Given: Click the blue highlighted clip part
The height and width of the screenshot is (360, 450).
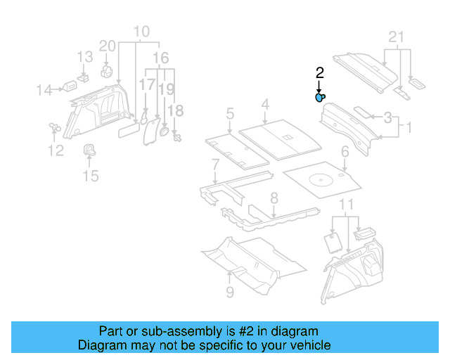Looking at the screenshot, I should coord(320,98).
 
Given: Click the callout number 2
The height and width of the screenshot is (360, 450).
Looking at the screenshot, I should coord(319,73).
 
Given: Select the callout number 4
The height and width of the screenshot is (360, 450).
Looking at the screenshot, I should coord(265,105).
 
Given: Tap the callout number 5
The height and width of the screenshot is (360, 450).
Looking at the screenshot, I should coord(230,113).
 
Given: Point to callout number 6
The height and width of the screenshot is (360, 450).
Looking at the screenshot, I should coord(345,152).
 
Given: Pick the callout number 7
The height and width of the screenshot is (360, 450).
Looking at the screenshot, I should coord(215,165).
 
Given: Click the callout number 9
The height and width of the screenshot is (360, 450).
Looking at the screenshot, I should coord(230,290).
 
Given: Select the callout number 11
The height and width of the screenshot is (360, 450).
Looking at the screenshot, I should coord(345,205).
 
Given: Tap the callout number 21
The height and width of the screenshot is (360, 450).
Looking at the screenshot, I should coord(397,37).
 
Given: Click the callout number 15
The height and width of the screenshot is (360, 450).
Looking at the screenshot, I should coord(91,175).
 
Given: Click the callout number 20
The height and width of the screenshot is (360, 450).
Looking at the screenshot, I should coord(107,46).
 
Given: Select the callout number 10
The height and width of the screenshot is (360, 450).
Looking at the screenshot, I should coord(141,32).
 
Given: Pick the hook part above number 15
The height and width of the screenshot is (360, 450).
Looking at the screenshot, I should coord(91,149).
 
